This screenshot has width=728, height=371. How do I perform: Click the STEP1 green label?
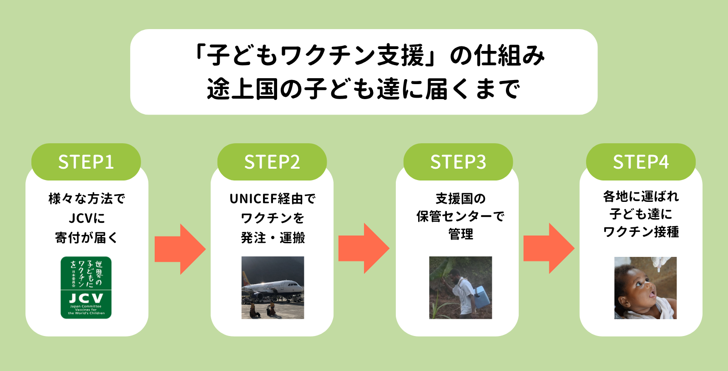click(x=86, y=162)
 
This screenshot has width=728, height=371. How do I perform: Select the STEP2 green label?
click(x=272, y=162)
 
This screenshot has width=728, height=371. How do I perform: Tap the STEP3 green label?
click(x=458, y=162)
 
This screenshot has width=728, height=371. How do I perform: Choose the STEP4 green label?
click(x=641, y=162)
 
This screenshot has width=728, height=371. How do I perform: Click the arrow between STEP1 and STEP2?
click(x=180, y=249)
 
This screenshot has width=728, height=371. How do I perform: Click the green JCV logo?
click(x=86, y=287)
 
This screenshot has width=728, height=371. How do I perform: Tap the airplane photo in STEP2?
click(x=273, y=287)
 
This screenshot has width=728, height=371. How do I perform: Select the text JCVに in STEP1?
click(x=86, y=218)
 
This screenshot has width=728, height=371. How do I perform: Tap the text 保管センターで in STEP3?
click(x=460, y=216)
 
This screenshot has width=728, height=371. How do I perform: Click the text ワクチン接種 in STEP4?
click(x=641, y=232)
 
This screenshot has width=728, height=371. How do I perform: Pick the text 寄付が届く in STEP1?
click(x=86, y=238)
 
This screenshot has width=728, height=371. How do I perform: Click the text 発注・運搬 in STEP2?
click(x=273, y=238)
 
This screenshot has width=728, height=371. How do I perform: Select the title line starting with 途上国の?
click(x=363, y=89)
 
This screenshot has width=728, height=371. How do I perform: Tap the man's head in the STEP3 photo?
click(x=454, y=275)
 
